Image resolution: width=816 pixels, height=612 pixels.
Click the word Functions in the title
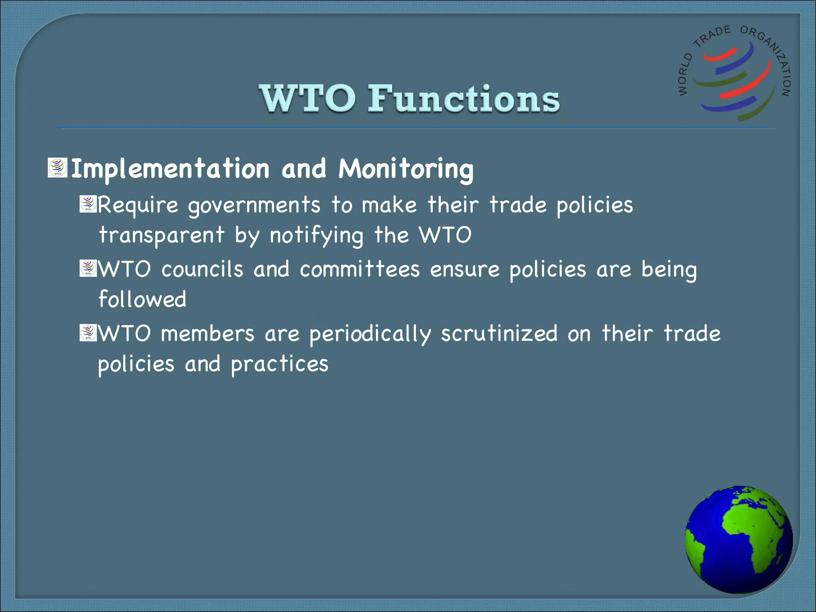463,98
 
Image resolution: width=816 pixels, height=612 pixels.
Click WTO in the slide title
307,98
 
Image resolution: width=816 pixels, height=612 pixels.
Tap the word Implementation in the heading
171,169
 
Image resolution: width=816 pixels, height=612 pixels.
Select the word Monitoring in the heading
406,169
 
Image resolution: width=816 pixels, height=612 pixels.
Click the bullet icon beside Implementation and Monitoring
58,168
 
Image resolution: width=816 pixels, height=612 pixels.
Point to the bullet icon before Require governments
88,204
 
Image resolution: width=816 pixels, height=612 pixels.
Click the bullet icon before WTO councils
88,269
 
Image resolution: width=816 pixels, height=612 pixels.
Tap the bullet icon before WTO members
88,333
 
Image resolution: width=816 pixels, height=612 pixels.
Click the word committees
360,270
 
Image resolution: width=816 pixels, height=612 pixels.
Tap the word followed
142,300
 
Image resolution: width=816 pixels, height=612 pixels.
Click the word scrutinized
499,334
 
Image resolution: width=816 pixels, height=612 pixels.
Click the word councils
202,270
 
